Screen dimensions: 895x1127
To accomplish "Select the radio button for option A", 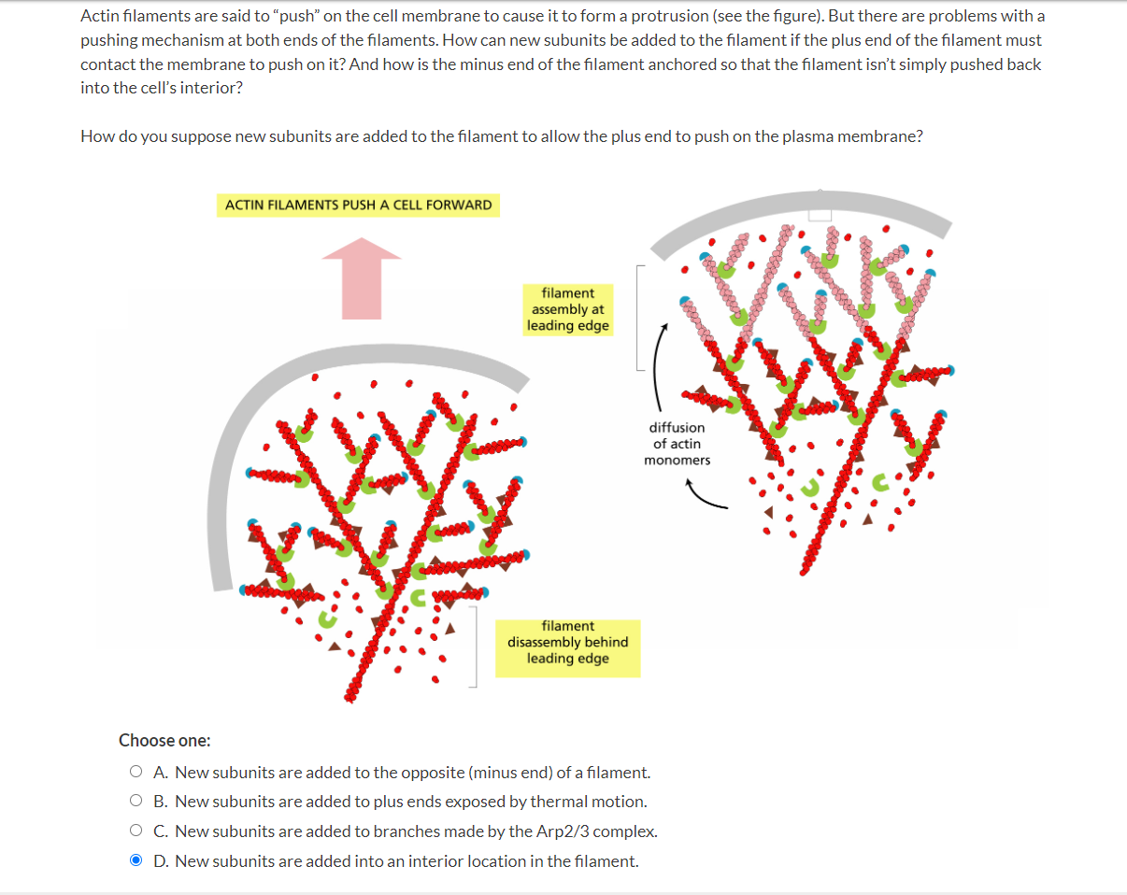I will [x=136, y=772].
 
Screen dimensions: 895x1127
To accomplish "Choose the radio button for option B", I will [x=136, y=801].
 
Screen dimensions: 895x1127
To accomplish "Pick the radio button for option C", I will [x=136, y=831].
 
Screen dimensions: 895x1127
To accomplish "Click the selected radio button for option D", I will [x=136, y=860].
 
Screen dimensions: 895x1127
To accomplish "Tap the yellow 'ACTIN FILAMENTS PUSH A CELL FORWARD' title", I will [x=358, y=205].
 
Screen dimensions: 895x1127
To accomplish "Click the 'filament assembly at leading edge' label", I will [x=567, y=309].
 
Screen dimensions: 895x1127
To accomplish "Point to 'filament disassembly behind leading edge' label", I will [x=567, y=643].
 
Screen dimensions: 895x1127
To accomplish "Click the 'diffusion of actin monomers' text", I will [x=677, y=444].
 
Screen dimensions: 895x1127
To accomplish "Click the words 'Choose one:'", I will [x=164, y=740].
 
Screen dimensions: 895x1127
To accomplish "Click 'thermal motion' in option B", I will [x=598, y=801].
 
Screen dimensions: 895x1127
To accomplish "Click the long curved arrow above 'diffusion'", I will [x=657, y=364].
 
